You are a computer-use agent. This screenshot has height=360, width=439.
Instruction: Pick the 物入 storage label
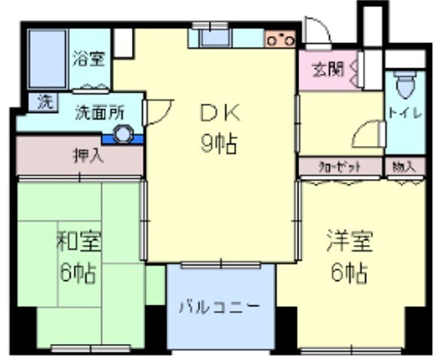click(x=404, y=166)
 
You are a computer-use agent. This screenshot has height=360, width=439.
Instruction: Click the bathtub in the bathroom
click(x=45, y=59)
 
